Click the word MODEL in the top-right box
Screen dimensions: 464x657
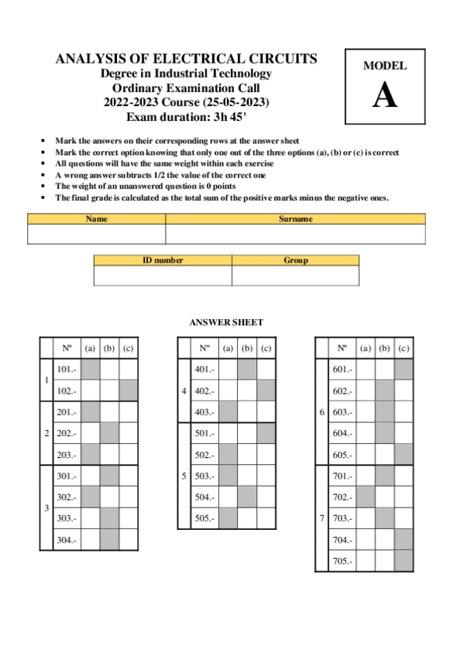(385, 67)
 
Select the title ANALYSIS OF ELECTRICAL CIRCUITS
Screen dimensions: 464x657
(186, 59)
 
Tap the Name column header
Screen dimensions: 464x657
(96, 219)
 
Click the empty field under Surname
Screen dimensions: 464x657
(295, 234)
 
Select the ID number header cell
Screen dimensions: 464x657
(163, 260)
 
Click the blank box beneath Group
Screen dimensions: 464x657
(295, 275)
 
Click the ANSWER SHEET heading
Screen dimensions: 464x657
(226, 322)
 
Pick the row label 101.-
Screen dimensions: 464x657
(67, 370)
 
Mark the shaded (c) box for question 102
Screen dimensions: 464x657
(128, 390)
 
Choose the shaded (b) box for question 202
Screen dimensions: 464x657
(109, 433)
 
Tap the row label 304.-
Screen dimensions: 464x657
(67, 539)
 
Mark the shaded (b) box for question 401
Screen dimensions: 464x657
(247, 370)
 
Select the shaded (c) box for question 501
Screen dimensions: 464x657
(266, 433)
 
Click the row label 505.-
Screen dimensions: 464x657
(205, 518)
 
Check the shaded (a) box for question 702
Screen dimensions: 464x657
(366, 497)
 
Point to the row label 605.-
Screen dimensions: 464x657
(342, 455)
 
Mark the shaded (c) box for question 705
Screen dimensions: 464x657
(403, 561)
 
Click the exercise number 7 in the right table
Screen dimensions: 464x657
(321, 518)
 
